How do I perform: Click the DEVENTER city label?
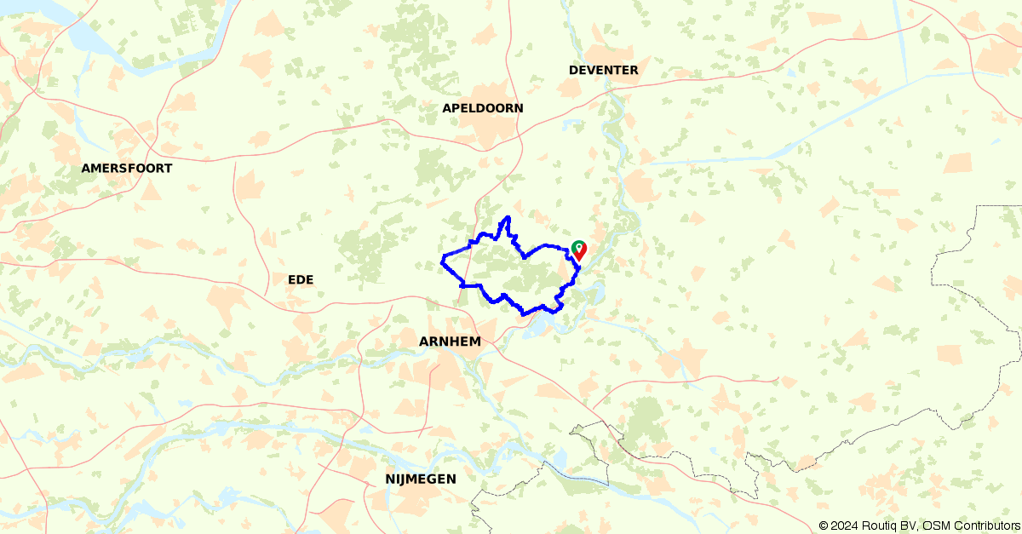coord(603,70)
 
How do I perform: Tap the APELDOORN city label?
coord(483,108)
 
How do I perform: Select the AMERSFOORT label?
coord(127,169)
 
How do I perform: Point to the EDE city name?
coord(301,279)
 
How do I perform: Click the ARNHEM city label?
coord(450,342)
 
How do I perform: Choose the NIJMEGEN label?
coord(420,479)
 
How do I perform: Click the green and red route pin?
coord(579,250)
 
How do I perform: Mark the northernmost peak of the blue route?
coord(508,217)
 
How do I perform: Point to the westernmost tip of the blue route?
coord(441,261)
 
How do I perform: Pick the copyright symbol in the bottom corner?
coord(824,526)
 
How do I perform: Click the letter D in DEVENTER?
coord(573,70)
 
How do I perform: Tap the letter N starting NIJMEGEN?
coord(389,479)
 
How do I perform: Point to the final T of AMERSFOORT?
coord(168,169)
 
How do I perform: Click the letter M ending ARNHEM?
coord(475,342)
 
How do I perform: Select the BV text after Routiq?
coord(909,526)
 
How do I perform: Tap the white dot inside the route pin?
coord(579,247)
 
